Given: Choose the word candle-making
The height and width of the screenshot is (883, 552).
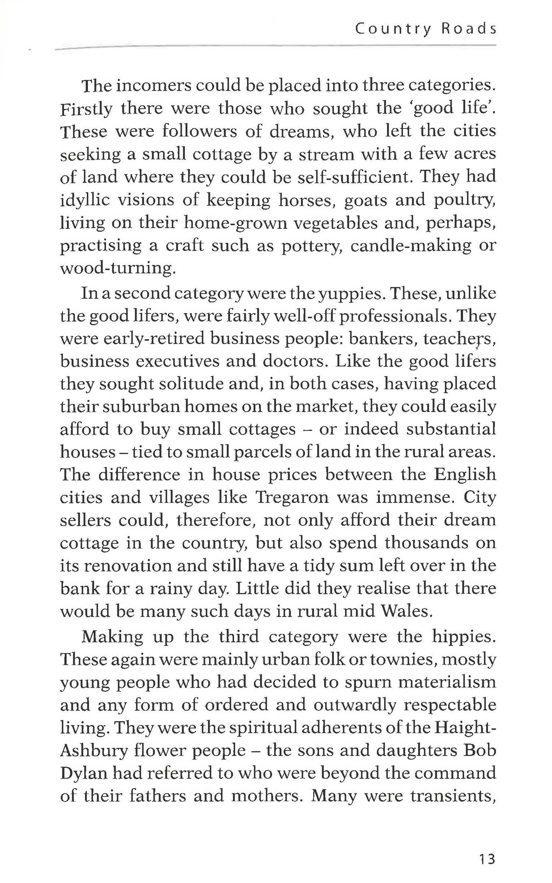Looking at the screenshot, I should click(411, 245).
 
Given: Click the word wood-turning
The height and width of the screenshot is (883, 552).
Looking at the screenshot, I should click(116, 269).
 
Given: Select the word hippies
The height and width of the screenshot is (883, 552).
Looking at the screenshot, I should click(463, 637).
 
